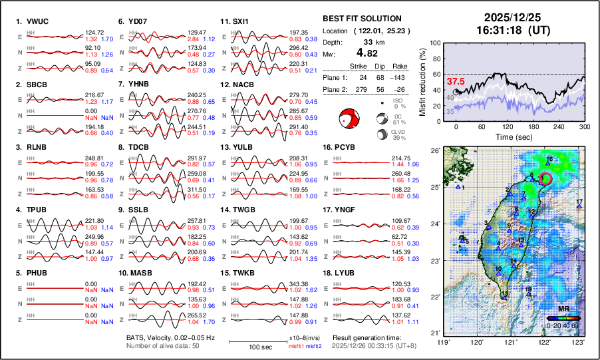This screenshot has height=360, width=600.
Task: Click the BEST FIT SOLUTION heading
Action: point(361,19)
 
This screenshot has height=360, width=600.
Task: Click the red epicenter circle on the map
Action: point(545,178)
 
